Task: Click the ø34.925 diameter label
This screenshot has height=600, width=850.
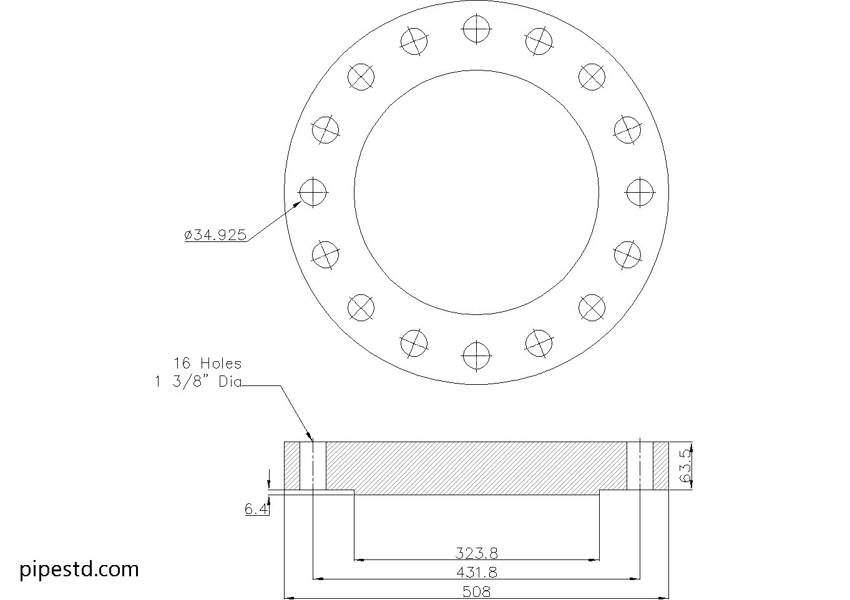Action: point(216,235)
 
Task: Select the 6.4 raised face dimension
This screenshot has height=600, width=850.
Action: point(256,510)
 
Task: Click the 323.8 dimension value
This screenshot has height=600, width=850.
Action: point(476,553)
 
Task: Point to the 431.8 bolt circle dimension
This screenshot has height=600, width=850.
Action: point(476,572)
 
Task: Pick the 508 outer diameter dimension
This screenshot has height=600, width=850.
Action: point(476,591)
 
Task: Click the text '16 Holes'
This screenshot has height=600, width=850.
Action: point(207,363)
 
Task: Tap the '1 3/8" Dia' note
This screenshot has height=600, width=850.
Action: point(198,382)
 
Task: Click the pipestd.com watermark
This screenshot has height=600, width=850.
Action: point(79,569)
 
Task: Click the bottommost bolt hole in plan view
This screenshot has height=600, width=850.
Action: point(476,356)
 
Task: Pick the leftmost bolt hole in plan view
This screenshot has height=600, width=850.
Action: point(313,192)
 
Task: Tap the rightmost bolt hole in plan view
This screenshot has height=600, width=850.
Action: point(640,192)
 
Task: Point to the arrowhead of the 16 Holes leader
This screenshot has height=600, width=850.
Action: point(310,438)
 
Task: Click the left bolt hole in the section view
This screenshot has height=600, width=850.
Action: point(313,466)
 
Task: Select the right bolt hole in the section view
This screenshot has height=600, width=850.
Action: point(640,466)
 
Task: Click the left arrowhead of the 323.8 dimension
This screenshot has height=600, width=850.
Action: point(359,560)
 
